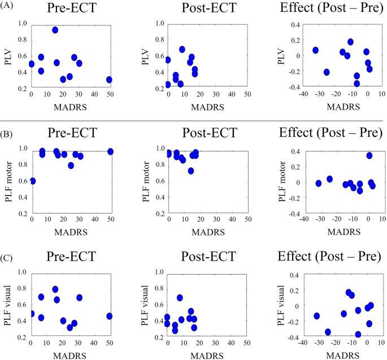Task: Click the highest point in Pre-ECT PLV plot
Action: [55, 30]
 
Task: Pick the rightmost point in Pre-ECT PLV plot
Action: [109, 80]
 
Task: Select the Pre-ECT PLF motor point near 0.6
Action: [32, 181]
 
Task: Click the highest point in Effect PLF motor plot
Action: [369, 155]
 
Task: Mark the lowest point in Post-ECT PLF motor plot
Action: [192, 171]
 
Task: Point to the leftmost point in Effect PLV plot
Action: [315, 50]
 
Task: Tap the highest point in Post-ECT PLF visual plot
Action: [180, 297]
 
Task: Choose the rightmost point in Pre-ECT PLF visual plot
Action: [109, 316]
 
